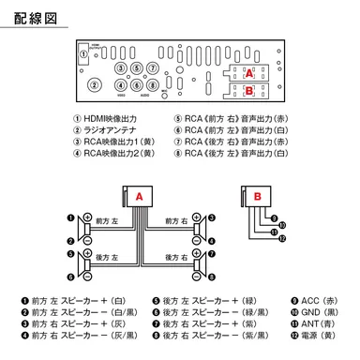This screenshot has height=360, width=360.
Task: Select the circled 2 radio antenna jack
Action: click(x=96, y=83)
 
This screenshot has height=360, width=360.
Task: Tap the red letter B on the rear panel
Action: click(x=247, y=90)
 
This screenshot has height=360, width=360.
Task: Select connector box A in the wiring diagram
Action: click(x=139, y=198)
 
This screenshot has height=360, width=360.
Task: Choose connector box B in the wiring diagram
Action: click(x=257, y=196)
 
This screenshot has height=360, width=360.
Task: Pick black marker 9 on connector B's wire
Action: click(x=281, y=224)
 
